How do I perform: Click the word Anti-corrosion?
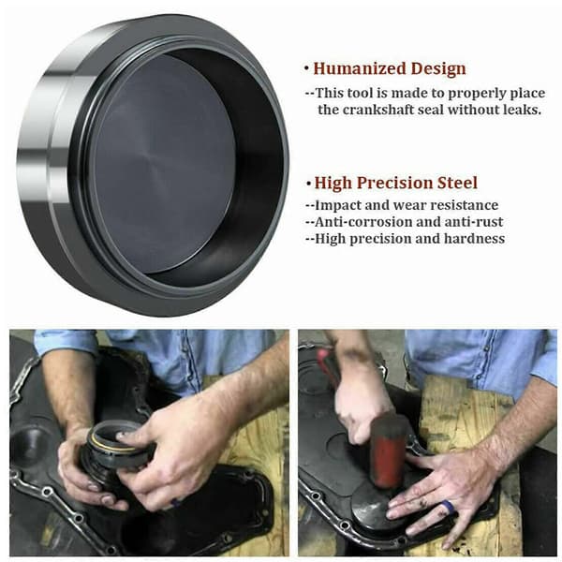(363, 222)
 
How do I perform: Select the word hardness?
(474, 238)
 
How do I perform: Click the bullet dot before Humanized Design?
(306, 67)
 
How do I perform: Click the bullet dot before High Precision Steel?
(308, 184)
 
